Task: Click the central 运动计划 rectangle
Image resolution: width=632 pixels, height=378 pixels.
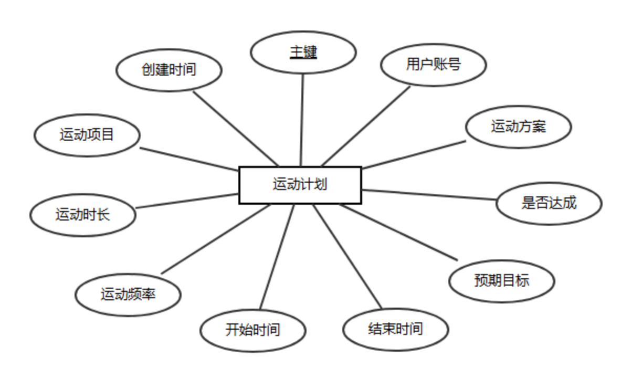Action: point(300,185)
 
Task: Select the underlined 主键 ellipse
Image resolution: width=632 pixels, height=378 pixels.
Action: point(303,52)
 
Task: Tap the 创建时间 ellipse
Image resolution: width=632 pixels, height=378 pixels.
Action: point(168,70)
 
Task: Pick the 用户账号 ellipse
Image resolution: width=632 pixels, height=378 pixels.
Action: point(434,65)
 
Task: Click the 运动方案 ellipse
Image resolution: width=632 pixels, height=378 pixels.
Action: point(518,127)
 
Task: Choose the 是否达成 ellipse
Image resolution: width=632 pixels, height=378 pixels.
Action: point(549,203)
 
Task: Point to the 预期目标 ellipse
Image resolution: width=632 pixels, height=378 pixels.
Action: point(501,280)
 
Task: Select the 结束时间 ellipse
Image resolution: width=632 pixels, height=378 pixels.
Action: point(395,329)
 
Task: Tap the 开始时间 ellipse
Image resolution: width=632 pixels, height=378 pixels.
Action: point(252,330)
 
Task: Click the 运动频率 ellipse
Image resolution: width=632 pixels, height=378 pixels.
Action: point(128,294)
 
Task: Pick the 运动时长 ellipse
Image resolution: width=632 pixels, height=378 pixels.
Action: point(83,215)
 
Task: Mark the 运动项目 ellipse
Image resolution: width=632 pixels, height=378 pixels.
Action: point(87,135)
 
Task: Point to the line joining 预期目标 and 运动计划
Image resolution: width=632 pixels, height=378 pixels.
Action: point(399,231)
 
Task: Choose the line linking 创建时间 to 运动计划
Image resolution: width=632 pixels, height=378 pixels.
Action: point(236,129)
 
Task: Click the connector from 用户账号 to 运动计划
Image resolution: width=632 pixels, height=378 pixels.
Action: point(366,126)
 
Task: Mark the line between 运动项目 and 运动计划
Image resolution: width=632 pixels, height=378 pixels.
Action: point(189,159)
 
